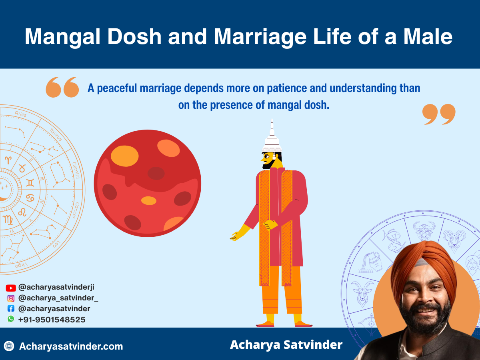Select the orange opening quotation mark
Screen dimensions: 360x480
(62, 88)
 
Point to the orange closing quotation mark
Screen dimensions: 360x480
(439, 114)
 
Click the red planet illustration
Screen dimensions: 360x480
(148, 183)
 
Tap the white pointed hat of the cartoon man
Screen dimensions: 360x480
(272, 138)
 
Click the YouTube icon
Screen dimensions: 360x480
(11, 288)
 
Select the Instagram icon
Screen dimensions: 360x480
(11, 298)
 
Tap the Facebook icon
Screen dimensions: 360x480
(11, 309)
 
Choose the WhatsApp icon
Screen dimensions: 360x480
(11, 319)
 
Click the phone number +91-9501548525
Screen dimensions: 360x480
(52, 320)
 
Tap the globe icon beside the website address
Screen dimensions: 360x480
(9, 346)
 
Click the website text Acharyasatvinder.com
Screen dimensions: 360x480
(71, 346)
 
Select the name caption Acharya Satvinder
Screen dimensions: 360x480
(286, 345)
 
